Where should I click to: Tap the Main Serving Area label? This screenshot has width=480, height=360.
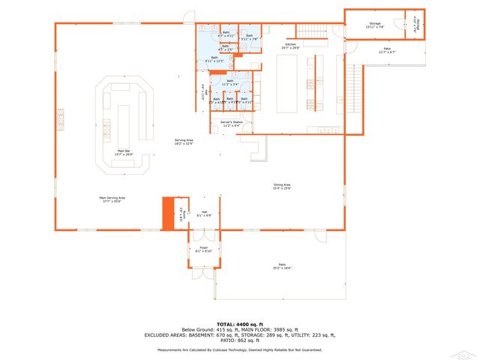click(x=112, y=199)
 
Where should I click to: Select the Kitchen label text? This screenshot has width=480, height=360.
click(x=289, y=46)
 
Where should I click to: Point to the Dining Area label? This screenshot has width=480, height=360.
click(x=282, y=186)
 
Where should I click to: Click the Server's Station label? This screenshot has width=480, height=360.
click(x=231, y=124)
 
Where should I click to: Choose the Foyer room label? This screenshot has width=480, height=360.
click(x=203, y=248)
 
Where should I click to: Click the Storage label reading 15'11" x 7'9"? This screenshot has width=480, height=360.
click(x=374, y=25)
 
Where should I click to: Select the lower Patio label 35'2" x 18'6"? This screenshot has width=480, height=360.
click(x=283, y=266)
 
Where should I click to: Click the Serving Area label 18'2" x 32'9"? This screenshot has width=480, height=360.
click(x=184, y=142)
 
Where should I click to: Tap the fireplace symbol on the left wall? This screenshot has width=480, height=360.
click(x=61, y=119)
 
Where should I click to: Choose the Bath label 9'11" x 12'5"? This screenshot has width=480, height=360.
click(x=214, y=59)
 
